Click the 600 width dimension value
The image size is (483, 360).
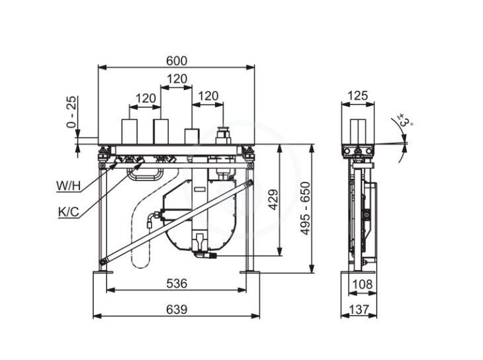pyautogui.click(x=177, y=61)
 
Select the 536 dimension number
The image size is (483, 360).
pyautogui.click(x=177, y=283)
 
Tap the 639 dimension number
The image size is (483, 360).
pyautogui.click(x=177, y=309)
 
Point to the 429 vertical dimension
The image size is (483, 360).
pyautogui.click(x=273, y=200)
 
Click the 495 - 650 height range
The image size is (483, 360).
pyautogui.click(x=304, y=208)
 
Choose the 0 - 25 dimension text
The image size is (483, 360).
pyautogui.click(x=71, y=112)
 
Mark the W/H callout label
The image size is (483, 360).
pyautogui.click(x=68, y=186)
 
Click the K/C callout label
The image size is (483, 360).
pyautogui.click(x=69, y=212)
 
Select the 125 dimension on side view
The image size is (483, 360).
pyautogui.click(x=357, y=96)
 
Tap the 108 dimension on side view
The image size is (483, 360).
pyautogui.click(x=363, y=284)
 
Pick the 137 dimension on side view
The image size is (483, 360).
pyautogui.click(x=359, y=309)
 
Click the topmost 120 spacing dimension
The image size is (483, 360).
pyautogui.click(x=177, y=79)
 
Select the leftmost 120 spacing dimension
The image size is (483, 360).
pyautogui.click(x=146, y=99)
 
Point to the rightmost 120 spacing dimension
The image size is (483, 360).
pyautogui.click(x=208, y=96)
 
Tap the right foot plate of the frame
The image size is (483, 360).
pyautogui.click(x=250, y=272)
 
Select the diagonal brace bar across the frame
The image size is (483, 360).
pyautogui.click(x=176, y=221)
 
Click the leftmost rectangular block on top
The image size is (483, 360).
pyautogui.click(x=130, y=132)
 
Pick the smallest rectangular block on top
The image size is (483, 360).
pyautogui.click(x=192, y=136)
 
